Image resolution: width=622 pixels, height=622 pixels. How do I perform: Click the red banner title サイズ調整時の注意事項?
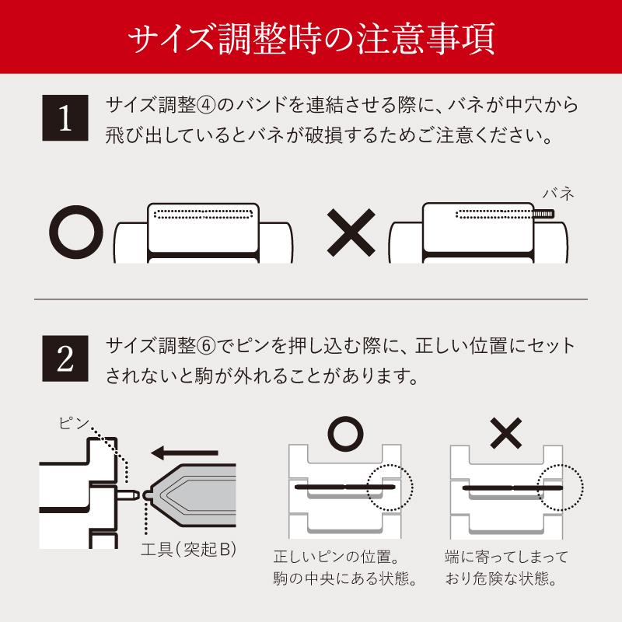[x=312, y=38]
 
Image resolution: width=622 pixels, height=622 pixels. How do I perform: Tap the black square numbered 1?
[x=65, y=118]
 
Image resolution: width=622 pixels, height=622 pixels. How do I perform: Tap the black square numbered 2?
[x=65, y=358]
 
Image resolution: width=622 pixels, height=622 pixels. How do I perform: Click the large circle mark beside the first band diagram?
[x=76, y=232]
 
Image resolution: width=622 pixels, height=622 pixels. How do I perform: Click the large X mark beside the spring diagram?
[x=351, y=232]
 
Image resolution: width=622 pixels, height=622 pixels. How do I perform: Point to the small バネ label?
[x=558, y=194]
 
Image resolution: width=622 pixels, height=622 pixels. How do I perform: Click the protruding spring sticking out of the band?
[x=543, y=215]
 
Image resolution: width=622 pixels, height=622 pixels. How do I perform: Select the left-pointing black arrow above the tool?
[x=184, y=453]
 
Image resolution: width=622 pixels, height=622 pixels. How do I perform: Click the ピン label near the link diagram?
[x=73, y=423]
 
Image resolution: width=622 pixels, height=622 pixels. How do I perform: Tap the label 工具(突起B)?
[x=189, y=550]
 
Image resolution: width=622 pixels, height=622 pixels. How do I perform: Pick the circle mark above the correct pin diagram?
[x=345, y=434]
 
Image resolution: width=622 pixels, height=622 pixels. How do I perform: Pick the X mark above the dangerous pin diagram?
[x=506, y=433]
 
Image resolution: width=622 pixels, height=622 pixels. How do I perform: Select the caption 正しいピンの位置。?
[x=337, y=557]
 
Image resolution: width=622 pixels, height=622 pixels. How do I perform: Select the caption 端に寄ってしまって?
[x=506, y=557]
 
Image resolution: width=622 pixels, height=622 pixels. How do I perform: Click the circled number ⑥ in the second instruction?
[x=206, y=346]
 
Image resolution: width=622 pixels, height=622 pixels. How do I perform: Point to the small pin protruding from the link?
[x=128, y=495]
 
